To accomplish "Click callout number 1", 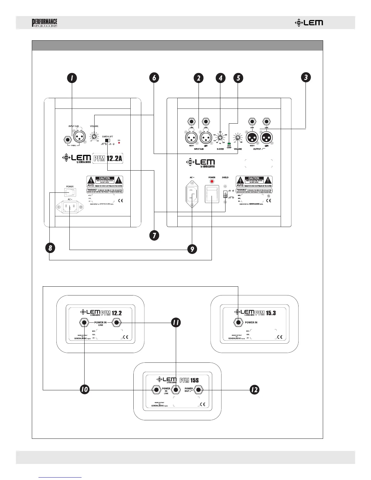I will (72, 78).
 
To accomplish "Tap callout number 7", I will (154, 235).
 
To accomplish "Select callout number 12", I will (254, 390).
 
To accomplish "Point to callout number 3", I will (306, 77).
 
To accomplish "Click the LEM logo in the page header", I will (309, 23).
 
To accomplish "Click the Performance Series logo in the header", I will (45, 23).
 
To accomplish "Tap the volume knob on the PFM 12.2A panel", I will (95, 137).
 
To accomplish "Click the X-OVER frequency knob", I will (220, 138).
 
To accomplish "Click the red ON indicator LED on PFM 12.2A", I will (119, 143).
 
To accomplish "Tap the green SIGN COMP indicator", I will (229, 143).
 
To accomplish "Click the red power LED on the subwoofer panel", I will (212, 182).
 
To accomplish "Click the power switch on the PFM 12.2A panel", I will (70, 192).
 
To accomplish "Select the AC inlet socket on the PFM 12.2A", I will (69, 208).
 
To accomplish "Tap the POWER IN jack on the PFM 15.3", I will (239, 322).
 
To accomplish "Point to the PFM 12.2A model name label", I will (108, 158).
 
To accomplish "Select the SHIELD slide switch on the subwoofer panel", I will (225, 194).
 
